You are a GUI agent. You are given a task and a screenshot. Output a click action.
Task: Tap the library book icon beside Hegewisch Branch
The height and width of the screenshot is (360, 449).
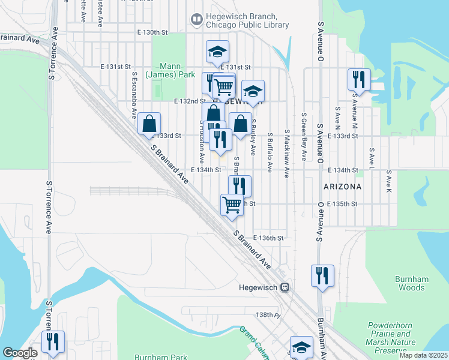tap(196, 20)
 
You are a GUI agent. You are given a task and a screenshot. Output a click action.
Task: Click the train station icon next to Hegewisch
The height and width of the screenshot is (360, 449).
tap(286, 287)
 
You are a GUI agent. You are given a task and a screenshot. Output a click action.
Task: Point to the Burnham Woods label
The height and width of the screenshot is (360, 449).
tap(410, 283)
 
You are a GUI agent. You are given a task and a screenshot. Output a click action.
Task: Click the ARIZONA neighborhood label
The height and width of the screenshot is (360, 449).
tap(342, 187)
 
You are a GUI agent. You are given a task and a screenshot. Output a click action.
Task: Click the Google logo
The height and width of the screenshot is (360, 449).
tap(20, 353)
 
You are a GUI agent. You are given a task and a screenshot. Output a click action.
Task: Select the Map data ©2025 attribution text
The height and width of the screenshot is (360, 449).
tap(423, 355)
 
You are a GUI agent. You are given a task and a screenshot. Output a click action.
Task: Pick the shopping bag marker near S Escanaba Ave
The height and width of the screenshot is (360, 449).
tap(148, 124)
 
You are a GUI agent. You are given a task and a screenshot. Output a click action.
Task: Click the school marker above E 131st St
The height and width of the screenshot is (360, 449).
tap(217, 52)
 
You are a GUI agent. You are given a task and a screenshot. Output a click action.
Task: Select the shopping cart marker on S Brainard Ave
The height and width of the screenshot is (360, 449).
tap(232, 205)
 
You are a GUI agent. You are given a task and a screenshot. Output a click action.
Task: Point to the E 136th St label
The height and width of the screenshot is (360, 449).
tap(268, 238)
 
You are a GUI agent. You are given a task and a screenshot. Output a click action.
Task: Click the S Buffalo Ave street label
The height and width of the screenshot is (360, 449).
tap(270, 149)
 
